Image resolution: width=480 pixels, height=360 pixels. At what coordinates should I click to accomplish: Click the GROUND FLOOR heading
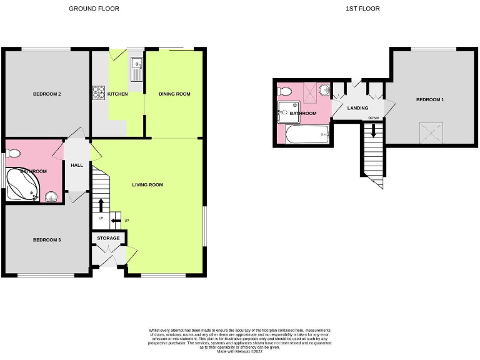94,9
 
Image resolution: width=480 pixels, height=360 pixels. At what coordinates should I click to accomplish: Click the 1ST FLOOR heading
362,9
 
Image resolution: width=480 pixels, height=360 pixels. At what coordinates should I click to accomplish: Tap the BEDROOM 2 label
47,94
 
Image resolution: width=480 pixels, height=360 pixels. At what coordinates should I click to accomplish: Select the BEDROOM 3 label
47,240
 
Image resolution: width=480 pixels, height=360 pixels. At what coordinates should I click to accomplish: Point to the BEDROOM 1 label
430,100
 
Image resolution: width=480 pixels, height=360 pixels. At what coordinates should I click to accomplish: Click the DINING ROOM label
174,94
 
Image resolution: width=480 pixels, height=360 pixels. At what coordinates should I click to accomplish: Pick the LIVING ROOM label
147,185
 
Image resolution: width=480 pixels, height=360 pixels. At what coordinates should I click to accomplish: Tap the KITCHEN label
117,94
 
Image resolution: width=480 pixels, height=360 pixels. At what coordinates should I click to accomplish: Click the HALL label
77,165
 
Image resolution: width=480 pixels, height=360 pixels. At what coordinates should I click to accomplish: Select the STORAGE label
108,238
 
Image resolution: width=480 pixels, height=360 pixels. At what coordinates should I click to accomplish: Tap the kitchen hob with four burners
98,92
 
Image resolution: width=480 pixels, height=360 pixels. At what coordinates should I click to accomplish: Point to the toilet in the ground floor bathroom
14,153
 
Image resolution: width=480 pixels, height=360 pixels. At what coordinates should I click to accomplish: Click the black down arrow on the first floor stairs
374,131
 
